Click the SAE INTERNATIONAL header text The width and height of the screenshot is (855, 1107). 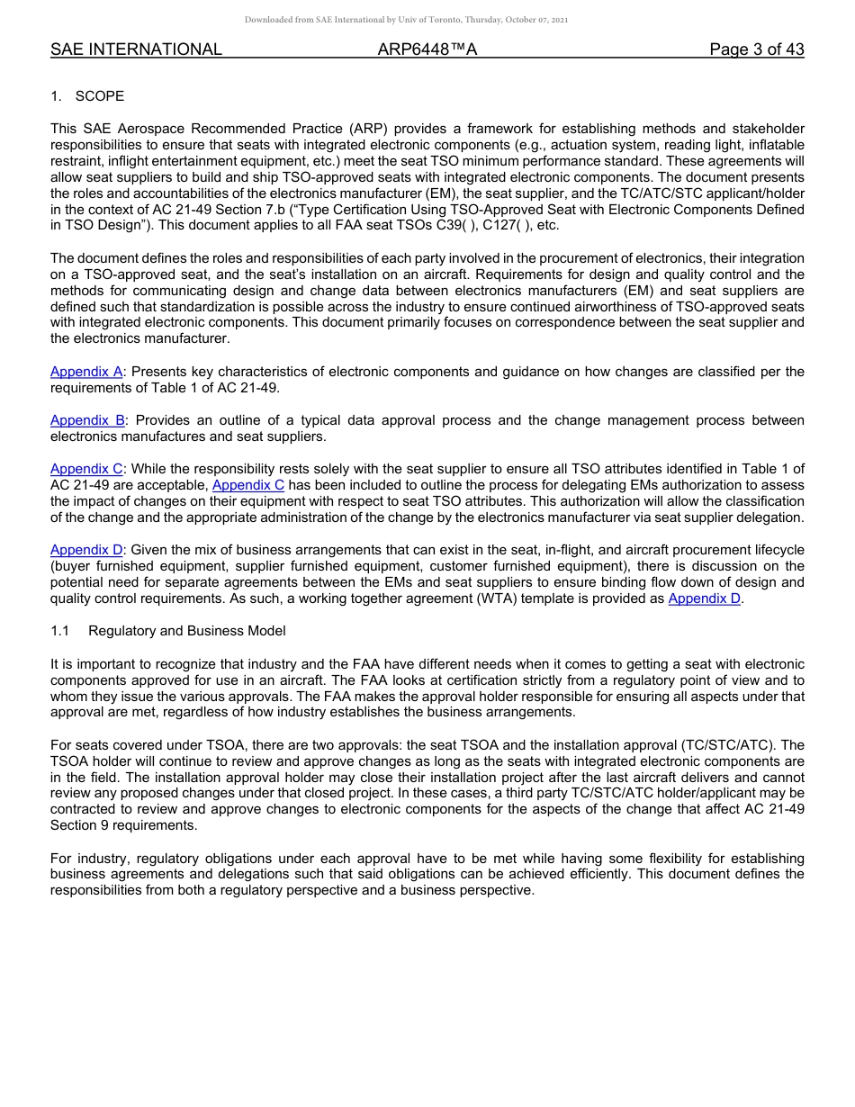(136, 49)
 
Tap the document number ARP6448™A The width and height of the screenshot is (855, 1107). (427, 49)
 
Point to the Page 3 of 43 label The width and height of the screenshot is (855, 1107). (756, 49)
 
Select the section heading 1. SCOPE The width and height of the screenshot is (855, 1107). (87, 96)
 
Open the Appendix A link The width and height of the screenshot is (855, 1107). (86, 372)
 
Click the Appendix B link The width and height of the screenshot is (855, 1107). (87, 420)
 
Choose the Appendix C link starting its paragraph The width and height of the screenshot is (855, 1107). (86, 469)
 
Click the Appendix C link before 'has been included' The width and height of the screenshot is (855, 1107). (248, 485)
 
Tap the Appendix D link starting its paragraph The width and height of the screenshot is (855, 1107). (86, 550)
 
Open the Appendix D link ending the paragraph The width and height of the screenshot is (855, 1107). (705, 598)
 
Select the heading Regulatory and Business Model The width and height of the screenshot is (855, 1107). (186, 631)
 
